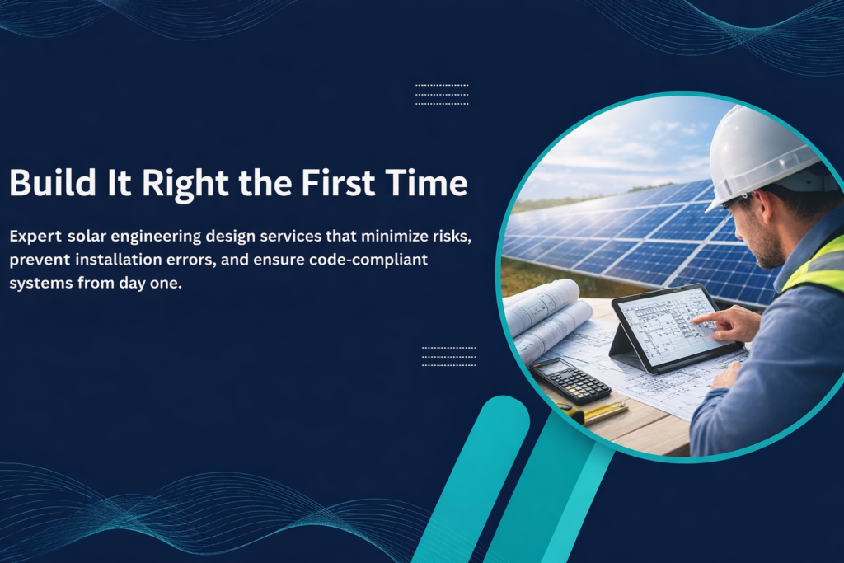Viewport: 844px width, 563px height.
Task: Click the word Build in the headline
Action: [53, 182]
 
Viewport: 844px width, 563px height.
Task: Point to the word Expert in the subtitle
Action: [35, 237]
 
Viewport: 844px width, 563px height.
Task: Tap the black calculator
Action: [570, 380]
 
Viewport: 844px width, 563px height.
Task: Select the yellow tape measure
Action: [595, 412]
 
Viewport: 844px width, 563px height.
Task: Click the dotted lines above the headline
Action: [442, 94]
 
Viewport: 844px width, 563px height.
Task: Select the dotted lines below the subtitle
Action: [449, 356]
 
